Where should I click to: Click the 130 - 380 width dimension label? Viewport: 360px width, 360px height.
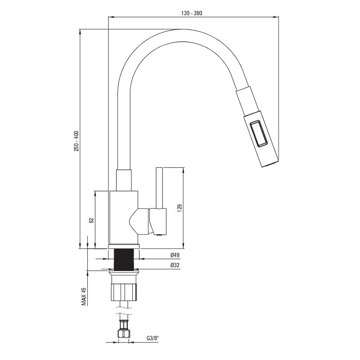click(192, 13)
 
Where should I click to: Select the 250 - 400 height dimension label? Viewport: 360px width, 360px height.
click(76, 141)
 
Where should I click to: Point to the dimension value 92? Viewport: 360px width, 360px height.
click(91, 220)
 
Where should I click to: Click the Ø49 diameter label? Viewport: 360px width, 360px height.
click(175, 255)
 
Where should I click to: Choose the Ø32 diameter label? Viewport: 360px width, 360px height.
click(175, 265)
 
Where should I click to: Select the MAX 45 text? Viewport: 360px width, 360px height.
click(84, 297)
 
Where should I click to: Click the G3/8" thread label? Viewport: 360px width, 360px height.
click(153, 338)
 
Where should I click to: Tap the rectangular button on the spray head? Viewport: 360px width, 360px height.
click(258, 133)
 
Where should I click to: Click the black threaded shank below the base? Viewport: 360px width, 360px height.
click(124, 260)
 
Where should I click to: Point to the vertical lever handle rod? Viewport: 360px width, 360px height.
click(159, 188)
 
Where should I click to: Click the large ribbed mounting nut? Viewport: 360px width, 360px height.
click(124, 292)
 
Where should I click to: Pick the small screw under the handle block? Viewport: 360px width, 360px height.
click(158, 234)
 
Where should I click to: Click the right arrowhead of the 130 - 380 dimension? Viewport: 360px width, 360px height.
click(277, 17)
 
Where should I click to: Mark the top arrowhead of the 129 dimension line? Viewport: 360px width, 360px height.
click(183, 169)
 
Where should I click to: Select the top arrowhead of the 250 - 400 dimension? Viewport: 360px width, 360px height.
click(80, 31)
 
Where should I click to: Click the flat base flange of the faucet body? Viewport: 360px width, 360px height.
click(124, 246)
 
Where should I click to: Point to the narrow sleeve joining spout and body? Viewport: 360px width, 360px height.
click(124, 180)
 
